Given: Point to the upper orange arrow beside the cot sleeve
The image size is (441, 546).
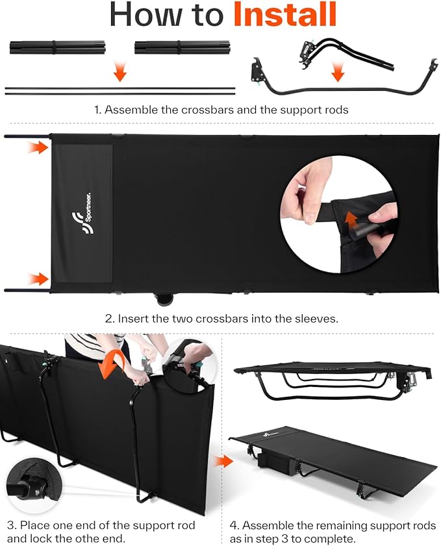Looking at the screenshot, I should coord(40,149).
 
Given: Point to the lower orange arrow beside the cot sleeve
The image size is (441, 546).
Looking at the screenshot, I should coord(40,279).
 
